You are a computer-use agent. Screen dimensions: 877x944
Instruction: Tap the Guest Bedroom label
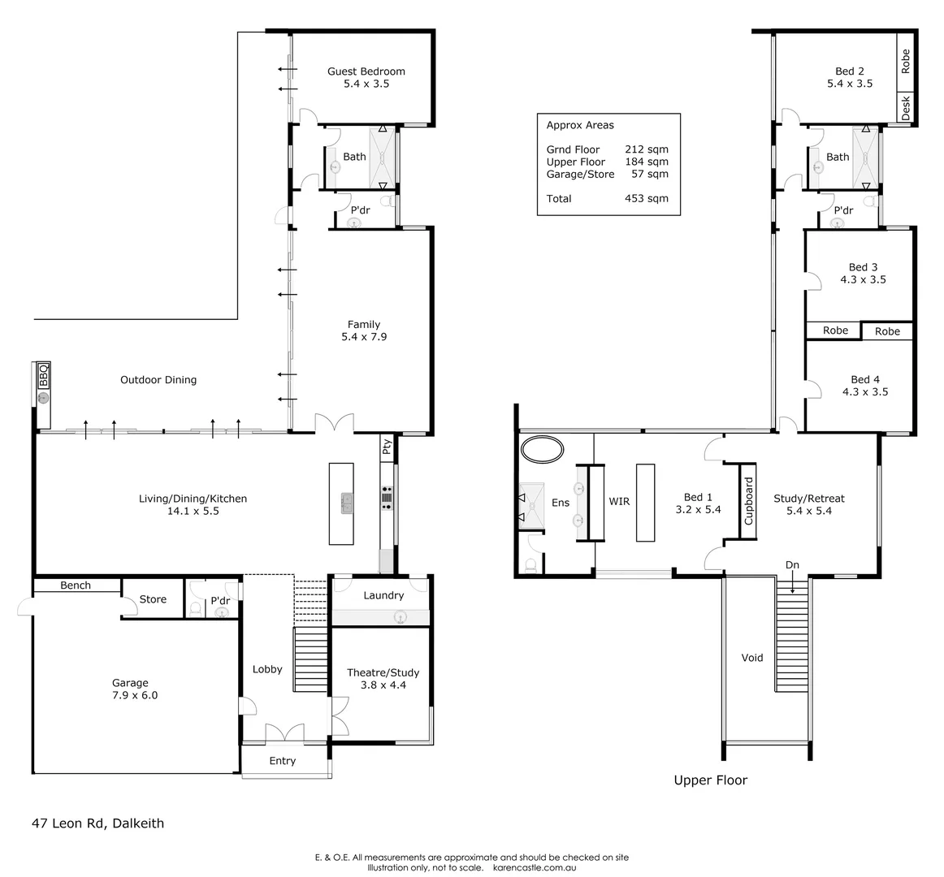[x=366, y=71]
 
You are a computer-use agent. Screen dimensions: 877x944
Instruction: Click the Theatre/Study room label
[x=383, y=672]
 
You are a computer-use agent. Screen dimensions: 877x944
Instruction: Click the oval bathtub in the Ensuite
[x=542, y=449]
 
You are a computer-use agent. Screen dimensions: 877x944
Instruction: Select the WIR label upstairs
[x=619, y=502]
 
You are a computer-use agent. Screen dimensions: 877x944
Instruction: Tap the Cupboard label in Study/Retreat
[x=749, y=501]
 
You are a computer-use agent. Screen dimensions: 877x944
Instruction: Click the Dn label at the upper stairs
[x=791, y=565]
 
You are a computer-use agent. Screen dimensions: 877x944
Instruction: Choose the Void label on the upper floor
[x=752, y=658]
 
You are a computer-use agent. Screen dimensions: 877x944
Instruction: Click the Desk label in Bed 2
[x=906, y=108]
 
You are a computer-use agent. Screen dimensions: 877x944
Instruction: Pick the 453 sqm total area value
[x=647, y=199]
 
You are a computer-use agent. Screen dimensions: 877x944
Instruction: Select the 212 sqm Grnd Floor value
[x=647, y=149]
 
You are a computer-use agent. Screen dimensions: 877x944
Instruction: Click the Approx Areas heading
[x=580, y=126]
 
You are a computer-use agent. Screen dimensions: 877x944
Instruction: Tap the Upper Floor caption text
[x=710, y=780]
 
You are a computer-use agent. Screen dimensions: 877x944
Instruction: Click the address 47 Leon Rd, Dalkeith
[x=97, y=823]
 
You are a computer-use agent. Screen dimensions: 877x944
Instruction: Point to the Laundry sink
[x=400, y=617]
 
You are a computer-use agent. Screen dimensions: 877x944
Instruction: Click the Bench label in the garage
[x=76, y=585]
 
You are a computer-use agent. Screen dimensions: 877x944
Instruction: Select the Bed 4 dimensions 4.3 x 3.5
[x=864, y=391]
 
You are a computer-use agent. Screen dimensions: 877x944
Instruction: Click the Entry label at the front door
[x=282, y=761]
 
